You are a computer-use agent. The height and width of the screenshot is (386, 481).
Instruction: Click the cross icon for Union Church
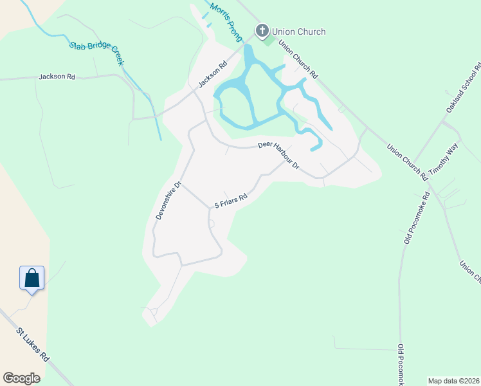click(x=262, y=31)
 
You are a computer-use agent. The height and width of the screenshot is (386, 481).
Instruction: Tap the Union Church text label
click(x=298, y=32)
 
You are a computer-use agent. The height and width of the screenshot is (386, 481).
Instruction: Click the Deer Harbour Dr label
click(x=279, y=155)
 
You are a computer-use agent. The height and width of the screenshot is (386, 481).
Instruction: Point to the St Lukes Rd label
click(x=33, y=345)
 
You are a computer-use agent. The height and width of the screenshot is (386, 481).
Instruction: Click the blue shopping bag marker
click(x=32, y=279)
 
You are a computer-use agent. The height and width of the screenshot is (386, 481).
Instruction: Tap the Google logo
click(x=22, y=378)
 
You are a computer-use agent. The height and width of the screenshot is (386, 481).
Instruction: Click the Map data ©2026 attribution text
click(x=453, y=380)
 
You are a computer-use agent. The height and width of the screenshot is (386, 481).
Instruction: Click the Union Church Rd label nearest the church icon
click(x=297, y=61)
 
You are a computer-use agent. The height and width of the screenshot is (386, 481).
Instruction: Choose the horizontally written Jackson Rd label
click(x=57, y=77)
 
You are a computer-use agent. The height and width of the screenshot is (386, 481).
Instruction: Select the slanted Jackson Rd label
click(x=213, y=74)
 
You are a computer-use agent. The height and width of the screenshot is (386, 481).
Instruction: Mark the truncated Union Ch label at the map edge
click(x=469, y=271)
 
